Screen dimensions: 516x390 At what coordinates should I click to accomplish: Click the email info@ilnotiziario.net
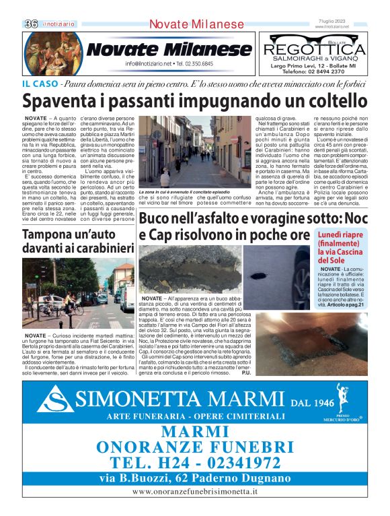151,64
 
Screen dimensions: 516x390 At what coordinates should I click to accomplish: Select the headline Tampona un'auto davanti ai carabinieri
76,242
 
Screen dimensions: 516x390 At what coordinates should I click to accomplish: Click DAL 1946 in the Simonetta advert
313,404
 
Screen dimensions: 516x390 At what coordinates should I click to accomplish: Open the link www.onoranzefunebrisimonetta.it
195,493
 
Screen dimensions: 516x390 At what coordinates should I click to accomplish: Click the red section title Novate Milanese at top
196,24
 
